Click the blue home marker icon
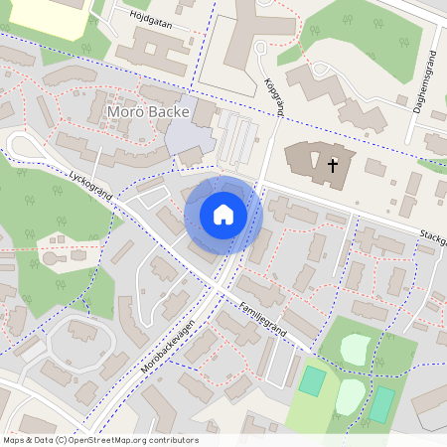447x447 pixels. (223, 215)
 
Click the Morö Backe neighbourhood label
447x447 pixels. (147, 112)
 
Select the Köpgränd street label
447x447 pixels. (274, 95)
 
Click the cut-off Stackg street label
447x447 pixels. (431, 239)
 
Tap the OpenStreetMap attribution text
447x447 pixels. (100, 440)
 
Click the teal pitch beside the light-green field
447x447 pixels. (313, 379)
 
